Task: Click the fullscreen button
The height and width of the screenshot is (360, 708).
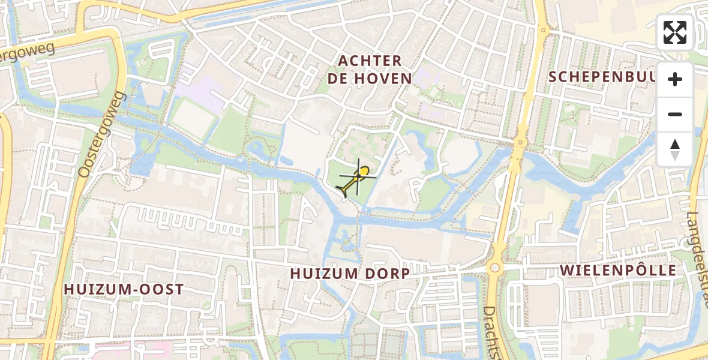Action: point(675,32)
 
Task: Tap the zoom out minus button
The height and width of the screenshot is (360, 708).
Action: point(675,114)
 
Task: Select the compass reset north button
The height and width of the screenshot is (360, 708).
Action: point(675,149)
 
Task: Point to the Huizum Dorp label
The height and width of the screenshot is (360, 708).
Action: point(350,274)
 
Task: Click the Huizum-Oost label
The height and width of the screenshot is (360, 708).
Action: point(124,289)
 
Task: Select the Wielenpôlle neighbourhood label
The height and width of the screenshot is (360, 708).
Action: point(618,270)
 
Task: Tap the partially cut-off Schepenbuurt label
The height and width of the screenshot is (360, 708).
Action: point(600,77)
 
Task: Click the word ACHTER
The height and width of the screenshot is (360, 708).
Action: point(370,61)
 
